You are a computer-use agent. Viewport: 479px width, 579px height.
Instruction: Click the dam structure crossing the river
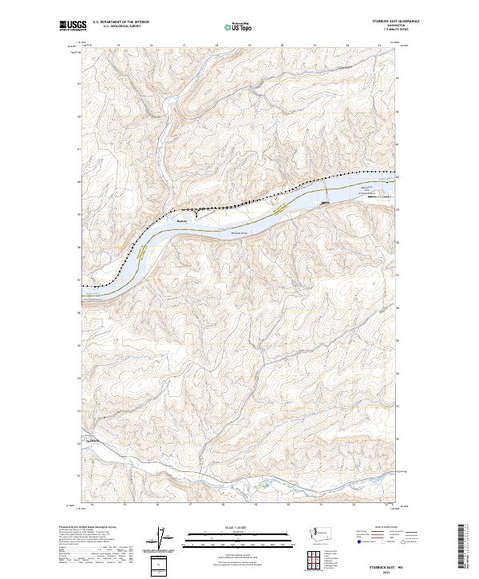click(326, 192)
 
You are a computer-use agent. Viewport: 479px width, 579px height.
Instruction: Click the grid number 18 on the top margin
click(217, 46)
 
